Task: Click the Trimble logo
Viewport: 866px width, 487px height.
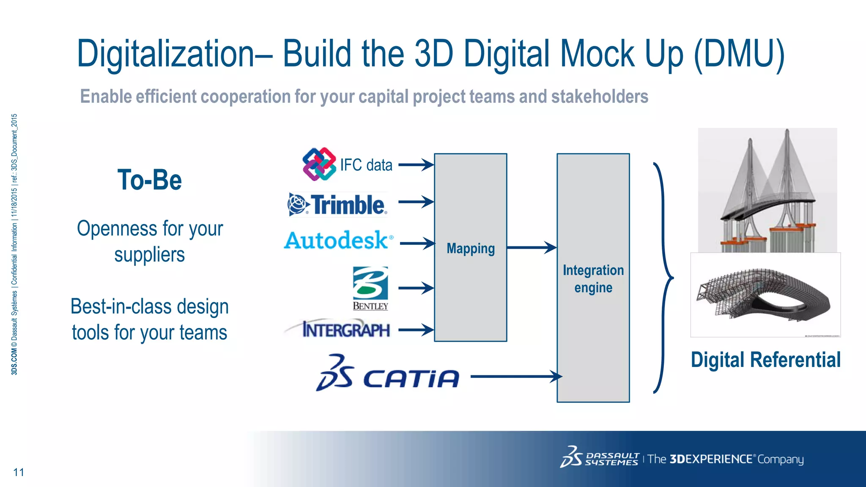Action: pos(337,205)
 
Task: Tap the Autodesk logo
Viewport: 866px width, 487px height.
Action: pos(338,240)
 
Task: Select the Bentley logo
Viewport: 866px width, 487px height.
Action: pos(370,288)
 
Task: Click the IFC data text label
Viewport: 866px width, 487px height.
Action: pos(366,165)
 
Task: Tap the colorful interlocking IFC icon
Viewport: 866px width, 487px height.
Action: pos(319,164)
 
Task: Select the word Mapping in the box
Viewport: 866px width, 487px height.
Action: pos(471,249)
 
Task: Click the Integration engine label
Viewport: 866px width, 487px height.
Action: pos(593,279)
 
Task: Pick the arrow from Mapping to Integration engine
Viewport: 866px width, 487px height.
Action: pos(532,248)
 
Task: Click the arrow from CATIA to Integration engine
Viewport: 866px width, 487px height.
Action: pos(516,376)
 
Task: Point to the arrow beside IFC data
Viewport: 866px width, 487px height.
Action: pos(416,165)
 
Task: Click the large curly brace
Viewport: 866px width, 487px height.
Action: pos(663,278)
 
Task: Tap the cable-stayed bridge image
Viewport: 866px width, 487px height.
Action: pos(767,190)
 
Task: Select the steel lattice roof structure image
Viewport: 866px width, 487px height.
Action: pos(765,295)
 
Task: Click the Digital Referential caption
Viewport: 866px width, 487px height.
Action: pos(765,360)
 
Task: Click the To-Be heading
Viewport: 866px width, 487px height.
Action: pos(150,180)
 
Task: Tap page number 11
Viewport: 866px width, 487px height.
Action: pos(19,472)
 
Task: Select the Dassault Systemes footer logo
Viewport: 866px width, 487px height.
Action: pos(600,458)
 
